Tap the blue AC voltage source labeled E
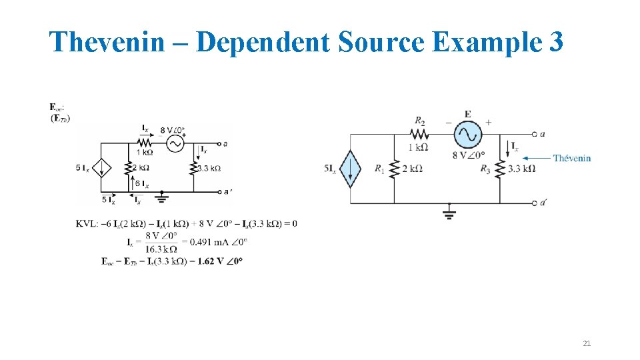(467, 135)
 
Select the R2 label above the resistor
(420, 121)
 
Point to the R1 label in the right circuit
(379, 169)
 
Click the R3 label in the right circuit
(485, 169)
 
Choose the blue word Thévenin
(572, 158)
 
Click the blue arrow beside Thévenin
(536, 158)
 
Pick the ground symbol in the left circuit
(162, 197)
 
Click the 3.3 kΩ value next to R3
(521, 169)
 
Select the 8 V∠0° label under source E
(469, 155)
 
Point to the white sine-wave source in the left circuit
(175, 143)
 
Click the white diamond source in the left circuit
(102, 168)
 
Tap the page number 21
(587, 343)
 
